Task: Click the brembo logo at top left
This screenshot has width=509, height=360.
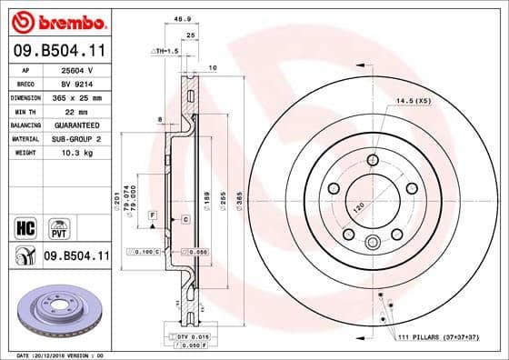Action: pyautogui.click(x=56, y=20)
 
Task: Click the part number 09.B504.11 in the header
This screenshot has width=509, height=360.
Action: pyautogui.click(x=56, y=52)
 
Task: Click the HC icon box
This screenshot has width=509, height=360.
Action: pyautogui.click(x=25, y=225)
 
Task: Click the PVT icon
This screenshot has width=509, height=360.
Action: pyautogui.click(x=55, y=225)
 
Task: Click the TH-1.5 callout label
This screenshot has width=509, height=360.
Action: pyautogui.click(x=164, y=52)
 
